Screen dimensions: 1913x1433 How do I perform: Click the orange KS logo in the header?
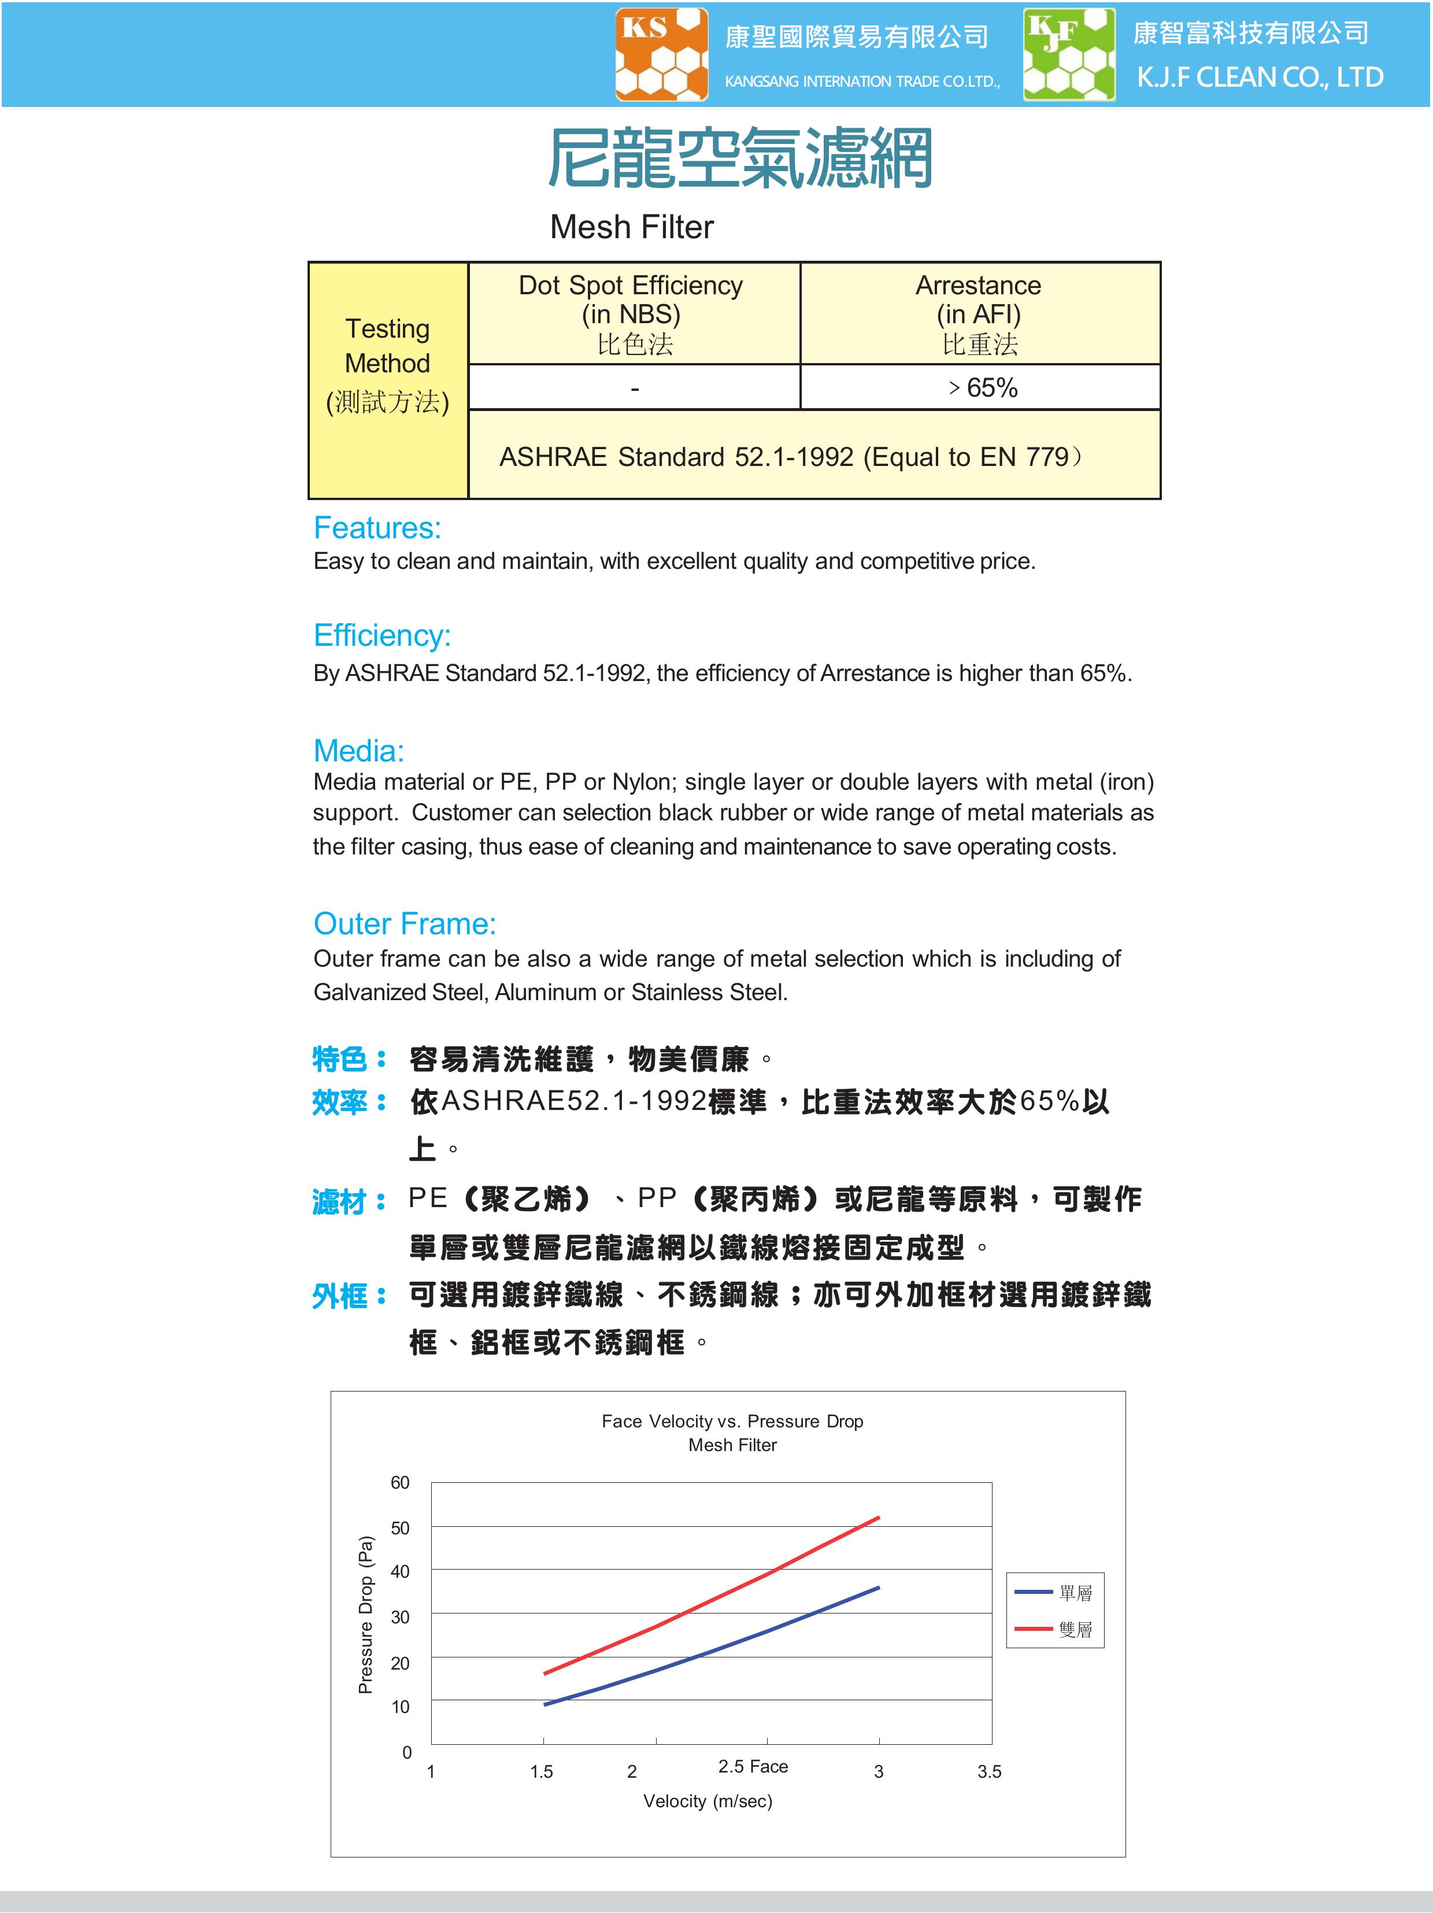661,54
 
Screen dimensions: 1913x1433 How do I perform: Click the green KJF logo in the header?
1069,54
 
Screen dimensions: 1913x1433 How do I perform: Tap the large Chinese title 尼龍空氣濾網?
740,158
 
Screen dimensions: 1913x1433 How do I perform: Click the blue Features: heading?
377,528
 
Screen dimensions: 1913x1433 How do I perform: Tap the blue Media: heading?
358,750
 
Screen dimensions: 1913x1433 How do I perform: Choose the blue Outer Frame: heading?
404,924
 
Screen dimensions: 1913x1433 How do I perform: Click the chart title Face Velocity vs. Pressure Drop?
732,1421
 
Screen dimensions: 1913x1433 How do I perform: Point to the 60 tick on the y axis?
399,1482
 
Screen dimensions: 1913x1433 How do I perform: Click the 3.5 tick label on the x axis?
990,1771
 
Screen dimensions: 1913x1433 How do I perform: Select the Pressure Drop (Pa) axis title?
366,1614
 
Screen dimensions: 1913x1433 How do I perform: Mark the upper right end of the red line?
878,1518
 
